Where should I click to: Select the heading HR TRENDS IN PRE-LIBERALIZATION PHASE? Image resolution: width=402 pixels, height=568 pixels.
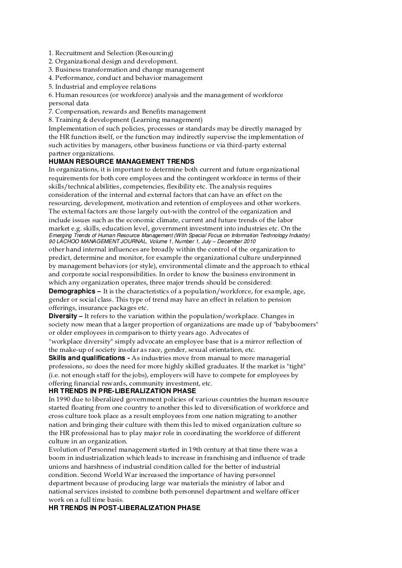(x=121, y=391)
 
